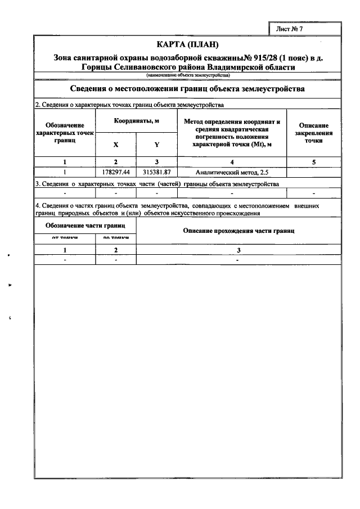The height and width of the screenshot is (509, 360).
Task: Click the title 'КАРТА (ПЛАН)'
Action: [x=187, y=44]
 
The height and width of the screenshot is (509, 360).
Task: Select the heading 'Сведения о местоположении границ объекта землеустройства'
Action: [x=187, y=89]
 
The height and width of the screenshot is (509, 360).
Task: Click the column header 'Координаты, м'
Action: [x=137, y=121]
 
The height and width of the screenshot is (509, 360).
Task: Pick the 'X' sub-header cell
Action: [x=116, y=145]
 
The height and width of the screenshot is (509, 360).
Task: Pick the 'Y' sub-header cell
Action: [x=157, y=145]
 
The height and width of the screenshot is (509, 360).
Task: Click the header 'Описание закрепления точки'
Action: [x=313, y=133]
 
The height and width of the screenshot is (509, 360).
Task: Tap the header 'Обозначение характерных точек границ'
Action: [x=65, y=133]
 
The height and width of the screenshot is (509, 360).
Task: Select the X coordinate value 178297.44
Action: [x=116, y=172]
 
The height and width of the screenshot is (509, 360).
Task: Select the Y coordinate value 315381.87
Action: [x=157, y=172]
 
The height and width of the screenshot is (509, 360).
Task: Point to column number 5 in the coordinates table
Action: [x=313, y=162]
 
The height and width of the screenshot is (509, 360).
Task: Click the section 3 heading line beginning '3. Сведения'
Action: [x=157, y=184]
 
